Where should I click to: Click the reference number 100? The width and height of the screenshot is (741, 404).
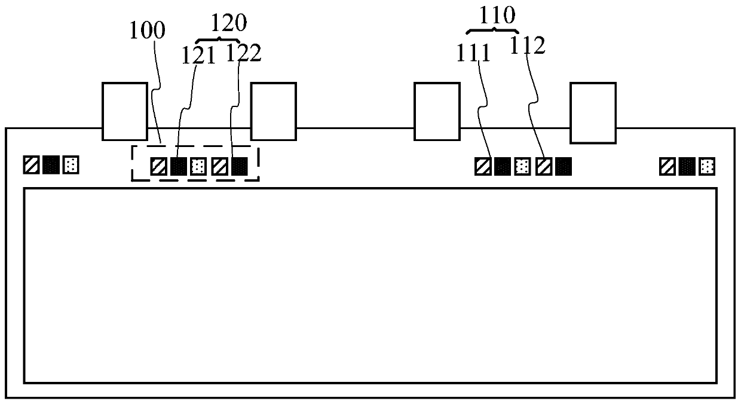(x=148, y=31)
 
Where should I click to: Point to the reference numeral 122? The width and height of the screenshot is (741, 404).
(x=243, y=54)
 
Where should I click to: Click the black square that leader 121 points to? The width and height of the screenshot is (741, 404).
(x=178, y=166)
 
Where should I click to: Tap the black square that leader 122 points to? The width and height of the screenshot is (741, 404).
(x=239, y=166)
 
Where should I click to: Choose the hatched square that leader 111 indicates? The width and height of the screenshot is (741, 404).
(x=483, y=166)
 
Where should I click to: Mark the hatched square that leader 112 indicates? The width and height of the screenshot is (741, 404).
(x=543, y=166)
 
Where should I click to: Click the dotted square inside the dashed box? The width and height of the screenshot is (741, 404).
(x=198, y=166)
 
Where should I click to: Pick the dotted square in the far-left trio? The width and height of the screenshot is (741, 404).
(x=71, y=164)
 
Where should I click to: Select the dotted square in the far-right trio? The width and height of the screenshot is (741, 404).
(x=708, y=166)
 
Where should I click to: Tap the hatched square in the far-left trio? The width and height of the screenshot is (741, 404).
(x=31, y=164)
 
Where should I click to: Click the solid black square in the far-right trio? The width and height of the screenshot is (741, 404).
(x=687, y=166)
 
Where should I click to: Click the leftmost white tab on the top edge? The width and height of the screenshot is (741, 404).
(x=125, y=111)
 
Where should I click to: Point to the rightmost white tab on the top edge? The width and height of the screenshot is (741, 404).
(x=593, y=113)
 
